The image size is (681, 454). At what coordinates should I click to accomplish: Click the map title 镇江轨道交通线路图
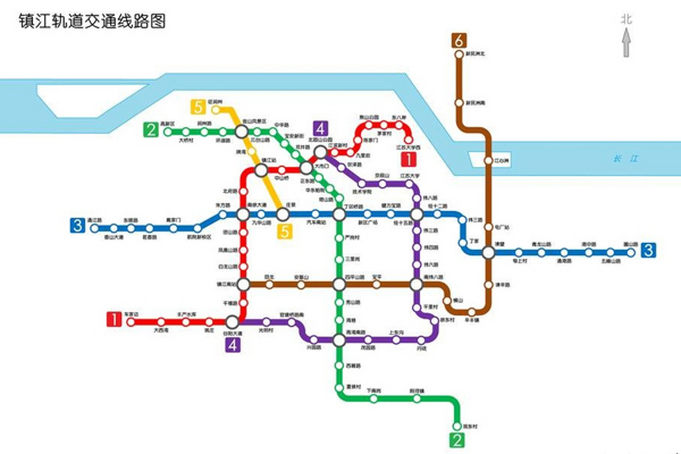pyautogui.click(x=92, y=21)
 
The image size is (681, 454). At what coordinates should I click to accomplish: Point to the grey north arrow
pyautogui.click(x=626, y=43)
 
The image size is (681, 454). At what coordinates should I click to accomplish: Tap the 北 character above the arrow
pyautogui.click(x=626, y=19)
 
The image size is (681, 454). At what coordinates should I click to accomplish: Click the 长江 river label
pyautogui.click(x=626, y=159)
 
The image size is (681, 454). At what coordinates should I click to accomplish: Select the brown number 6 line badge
pyautogui.click(x=459, y=40)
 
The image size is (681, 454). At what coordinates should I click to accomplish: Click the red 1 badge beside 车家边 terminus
pyautogui.click(x=114, y=319)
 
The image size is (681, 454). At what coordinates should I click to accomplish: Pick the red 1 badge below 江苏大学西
pyautogui.click(x=409, y=159)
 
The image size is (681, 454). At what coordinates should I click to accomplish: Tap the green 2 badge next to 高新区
pyautogui.click(x=151, y=130)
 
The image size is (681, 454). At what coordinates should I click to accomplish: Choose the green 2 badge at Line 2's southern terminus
pyautogui.click(x=457, y=440)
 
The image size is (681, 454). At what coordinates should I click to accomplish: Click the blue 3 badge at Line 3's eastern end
pyautogui.click(x=648, y=250)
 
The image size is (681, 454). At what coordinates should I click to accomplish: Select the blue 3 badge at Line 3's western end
pyautogui.click(x=78, y=226)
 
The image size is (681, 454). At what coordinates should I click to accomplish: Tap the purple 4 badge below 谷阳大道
pyautogui.click(x=233, y=344)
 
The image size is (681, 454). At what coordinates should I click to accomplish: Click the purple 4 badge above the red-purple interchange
pyautogui.click(x=320, y=129)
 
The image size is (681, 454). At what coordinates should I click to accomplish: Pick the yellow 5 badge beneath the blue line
pyautogui.click(x=285, y=232)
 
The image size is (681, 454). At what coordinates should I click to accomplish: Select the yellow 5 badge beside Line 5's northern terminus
pyautogui.click(x=198, y=107)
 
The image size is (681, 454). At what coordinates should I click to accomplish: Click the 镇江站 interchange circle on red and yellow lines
pyautogui.click(x=261, y=170)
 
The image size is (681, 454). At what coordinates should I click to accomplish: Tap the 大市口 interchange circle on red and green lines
pyautogui.click(x=306, y=168)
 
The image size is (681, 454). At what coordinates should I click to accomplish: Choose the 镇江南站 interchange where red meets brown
pyautogui.click(x=243, y=284)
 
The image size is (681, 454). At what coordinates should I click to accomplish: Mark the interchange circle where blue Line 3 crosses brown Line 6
pyautogui.click(x=488, y=253)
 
